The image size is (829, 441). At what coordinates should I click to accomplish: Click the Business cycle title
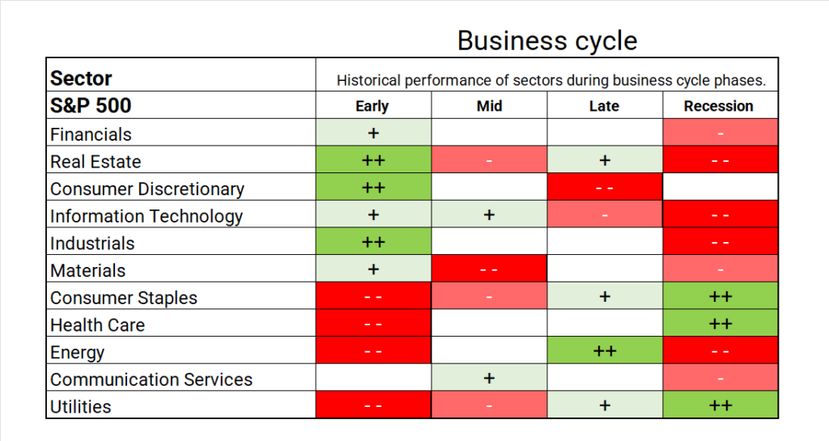click(547, 41)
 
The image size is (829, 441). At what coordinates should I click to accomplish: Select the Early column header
click(372, 106)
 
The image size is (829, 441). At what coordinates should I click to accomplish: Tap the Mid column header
click(489, 106)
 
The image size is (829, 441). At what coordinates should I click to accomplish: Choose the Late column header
click(604, 106)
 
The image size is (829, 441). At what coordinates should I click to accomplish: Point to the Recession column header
click(719, 106)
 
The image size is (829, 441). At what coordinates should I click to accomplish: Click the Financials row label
click(91, 134)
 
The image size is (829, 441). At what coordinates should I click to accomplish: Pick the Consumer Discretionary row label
click(147, 189)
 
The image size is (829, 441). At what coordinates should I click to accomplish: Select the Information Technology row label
click(147, 216)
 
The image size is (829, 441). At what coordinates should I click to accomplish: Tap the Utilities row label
click(81, 407)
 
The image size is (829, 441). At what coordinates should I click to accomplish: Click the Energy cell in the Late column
click(605, 350)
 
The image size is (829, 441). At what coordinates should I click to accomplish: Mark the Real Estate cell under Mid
click(489, 159)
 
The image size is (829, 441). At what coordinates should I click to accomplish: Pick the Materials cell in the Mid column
click(489, 269)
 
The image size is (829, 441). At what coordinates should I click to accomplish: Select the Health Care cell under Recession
click(721, 323)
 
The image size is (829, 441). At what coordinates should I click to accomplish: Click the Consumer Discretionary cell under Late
click(605, 187)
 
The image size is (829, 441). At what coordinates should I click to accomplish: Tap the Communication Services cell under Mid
click(489, 378)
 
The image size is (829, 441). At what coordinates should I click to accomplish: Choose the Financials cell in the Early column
click(373, 132)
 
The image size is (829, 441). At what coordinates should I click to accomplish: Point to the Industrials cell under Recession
click(721, 241)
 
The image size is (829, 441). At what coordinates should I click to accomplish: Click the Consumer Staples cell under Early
click(373, 296)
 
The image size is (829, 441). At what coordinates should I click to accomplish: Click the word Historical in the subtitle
click(368, 80)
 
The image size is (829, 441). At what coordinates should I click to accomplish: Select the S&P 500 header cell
click(181, 105)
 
